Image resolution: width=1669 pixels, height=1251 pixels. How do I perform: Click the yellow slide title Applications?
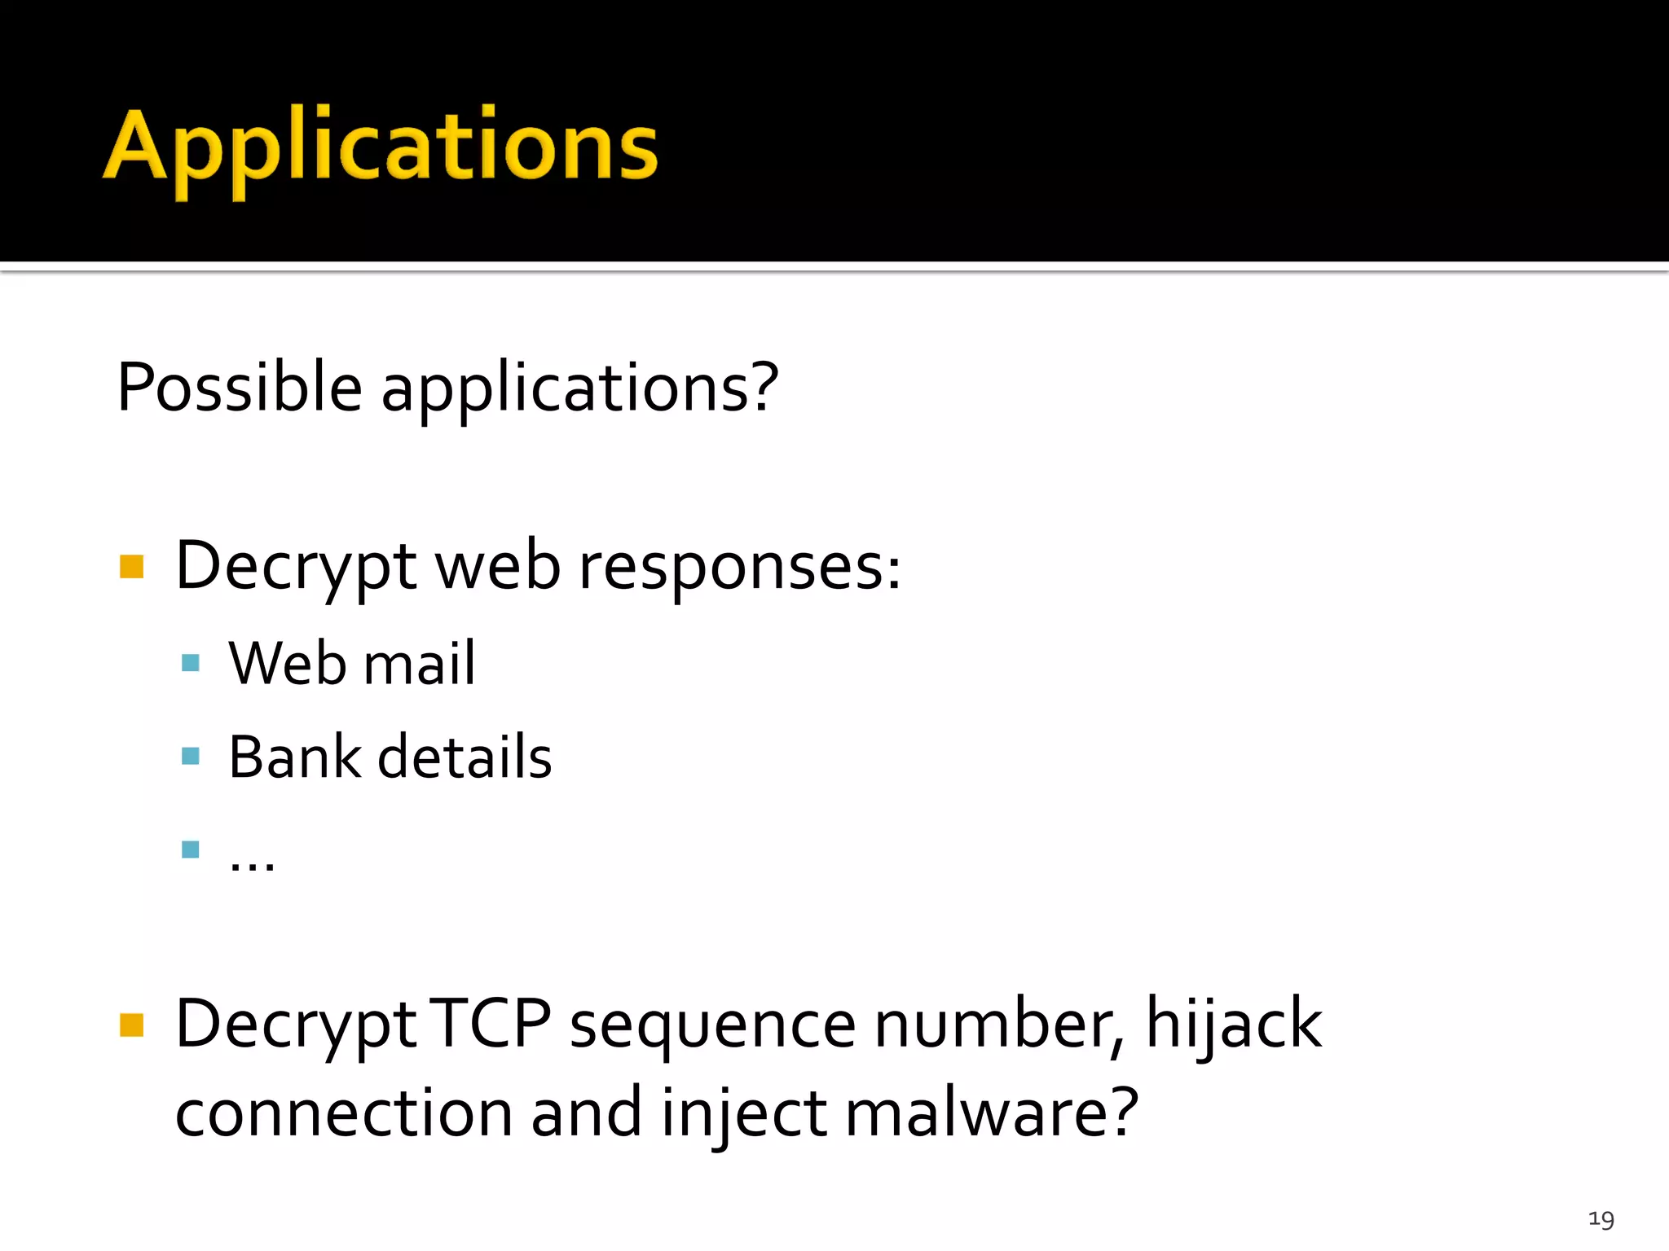click(381, 147)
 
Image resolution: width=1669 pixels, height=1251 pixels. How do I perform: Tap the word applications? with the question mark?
click(579, 388)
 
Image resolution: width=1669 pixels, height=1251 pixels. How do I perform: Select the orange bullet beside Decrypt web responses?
click(131, 566)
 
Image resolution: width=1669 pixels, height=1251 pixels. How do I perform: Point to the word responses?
click(739, 568)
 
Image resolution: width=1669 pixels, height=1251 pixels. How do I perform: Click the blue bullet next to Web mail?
click(191, 662)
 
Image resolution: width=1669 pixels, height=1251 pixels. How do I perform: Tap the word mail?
click(419, 663)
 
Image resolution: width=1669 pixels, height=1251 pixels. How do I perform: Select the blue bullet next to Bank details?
click(191, 756)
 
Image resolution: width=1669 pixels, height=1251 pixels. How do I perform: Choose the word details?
click(465, 757)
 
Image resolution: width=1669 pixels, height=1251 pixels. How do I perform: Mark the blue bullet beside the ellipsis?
click(191, 849)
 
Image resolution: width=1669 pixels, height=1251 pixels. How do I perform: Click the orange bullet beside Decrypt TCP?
click(131, 1025)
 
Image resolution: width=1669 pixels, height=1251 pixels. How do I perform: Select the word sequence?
click(712, 1026)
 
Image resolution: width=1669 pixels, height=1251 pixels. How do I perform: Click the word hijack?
click(1233, 1026)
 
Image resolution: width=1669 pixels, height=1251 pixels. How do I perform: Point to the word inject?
click(743, 1115)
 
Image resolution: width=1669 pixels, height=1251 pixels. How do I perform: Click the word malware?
click(991, 1113)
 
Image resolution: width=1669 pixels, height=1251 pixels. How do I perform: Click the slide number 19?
click(1601, 1219)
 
